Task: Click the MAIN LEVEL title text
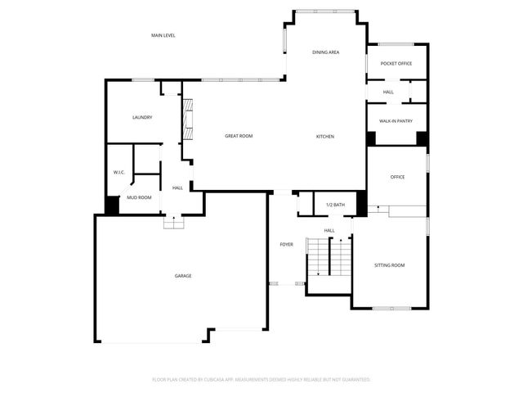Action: (163, 35)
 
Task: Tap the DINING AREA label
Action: (325, 52)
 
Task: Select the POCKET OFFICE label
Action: (396, 63)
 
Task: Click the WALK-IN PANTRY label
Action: (396, 121)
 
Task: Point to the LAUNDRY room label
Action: (142, 117)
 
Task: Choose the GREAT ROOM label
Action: (239, 136)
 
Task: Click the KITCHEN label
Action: (325, 136)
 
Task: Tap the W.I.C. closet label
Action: (118, 172)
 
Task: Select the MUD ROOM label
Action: (139, 197)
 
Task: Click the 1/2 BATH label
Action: (335, 205)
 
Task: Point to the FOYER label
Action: (286, 245)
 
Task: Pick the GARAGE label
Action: (183, 276)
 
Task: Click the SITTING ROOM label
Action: (389, 265)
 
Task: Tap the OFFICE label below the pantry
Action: (397, 177)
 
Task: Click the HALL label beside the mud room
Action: (177, 188)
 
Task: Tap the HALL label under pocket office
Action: (388, 92)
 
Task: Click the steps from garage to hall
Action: (172, 223)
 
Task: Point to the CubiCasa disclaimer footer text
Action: (261, 380)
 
